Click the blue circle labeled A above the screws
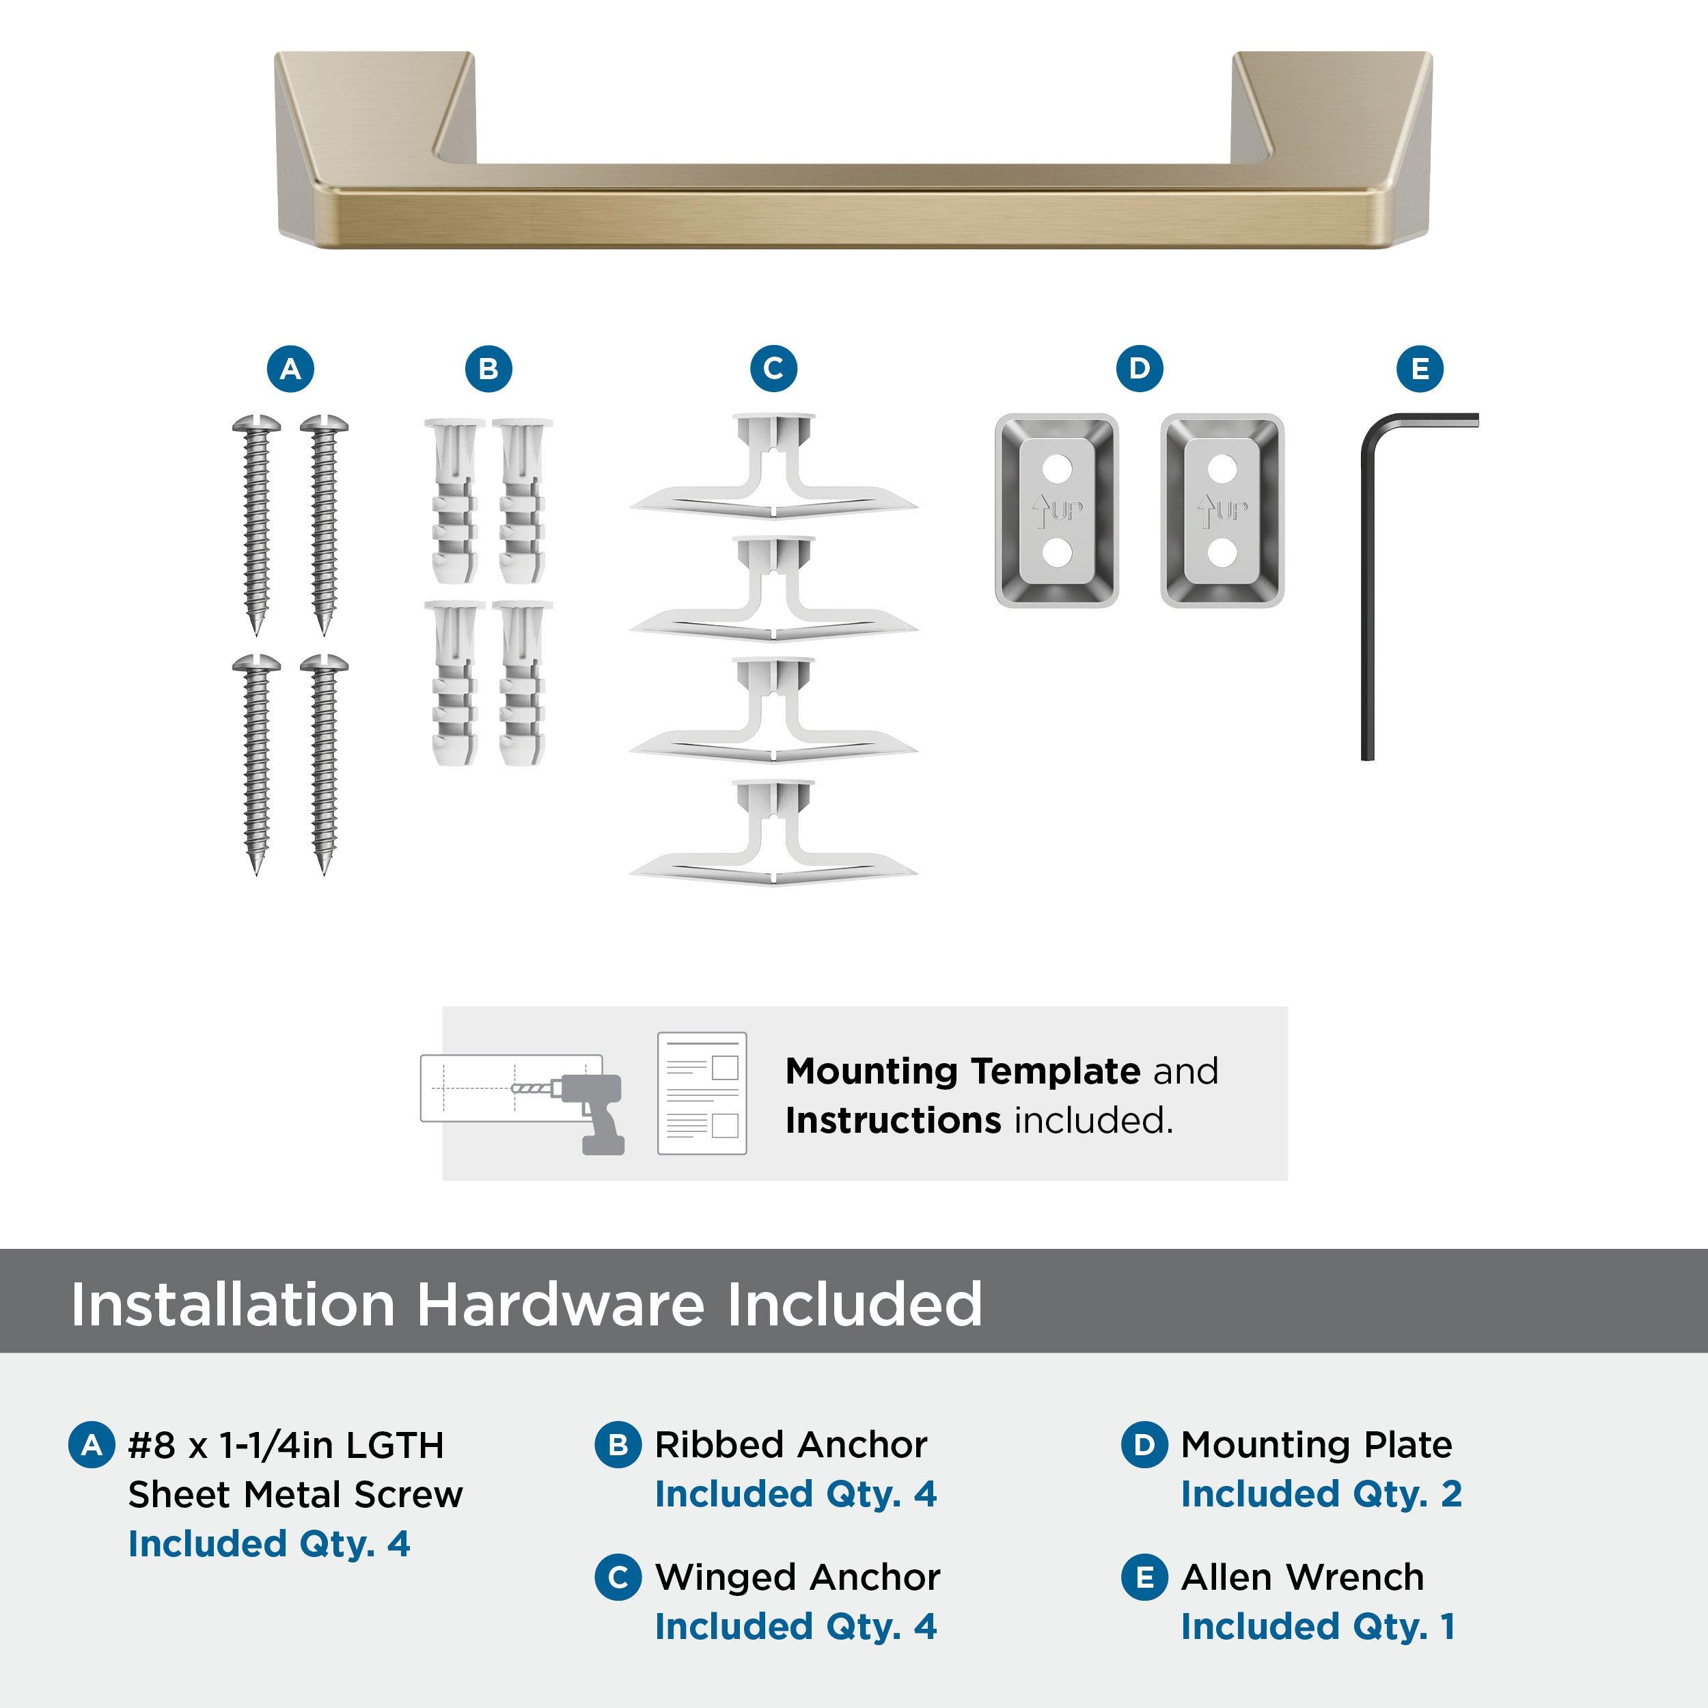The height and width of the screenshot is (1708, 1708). point(291,369)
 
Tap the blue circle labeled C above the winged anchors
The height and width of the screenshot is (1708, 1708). point(773,369)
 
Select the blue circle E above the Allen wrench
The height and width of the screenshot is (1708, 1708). point(1420,369)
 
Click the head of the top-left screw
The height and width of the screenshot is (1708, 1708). point(256,425)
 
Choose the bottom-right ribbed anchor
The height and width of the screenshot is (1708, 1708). point(521,683)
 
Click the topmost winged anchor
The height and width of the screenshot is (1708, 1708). point(773,469)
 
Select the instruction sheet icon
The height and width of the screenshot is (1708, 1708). point(702,1094)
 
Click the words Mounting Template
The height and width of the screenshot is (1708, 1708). point(963,1071)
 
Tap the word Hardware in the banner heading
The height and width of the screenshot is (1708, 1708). point(560,1304)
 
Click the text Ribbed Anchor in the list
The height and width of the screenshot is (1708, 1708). point(791,1444)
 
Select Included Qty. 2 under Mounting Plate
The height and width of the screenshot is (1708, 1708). point(1321,1494)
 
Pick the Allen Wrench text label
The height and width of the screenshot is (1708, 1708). point(1302,1577)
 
